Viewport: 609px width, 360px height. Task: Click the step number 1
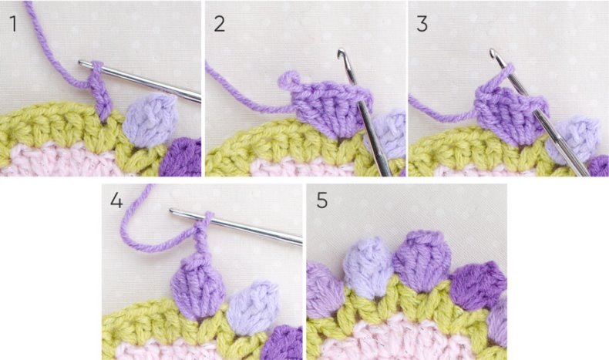pos(14,24)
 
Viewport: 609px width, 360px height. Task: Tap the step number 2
pos(220,24)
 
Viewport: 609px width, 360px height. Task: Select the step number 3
pos(422,24)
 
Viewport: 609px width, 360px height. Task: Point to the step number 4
pos(116,200)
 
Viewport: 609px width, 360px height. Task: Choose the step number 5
pos(321,200)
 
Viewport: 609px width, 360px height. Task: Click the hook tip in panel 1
pos(81,62)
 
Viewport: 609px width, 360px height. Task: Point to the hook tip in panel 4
pos(172,211)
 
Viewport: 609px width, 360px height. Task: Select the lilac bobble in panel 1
pos(150,120)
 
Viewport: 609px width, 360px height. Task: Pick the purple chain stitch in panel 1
pos(101,93)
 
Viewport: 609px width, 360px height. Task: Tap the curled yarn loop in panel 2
pos(288,79)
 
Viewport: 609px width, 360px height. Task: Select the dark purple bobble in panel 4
pos(281,343)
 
